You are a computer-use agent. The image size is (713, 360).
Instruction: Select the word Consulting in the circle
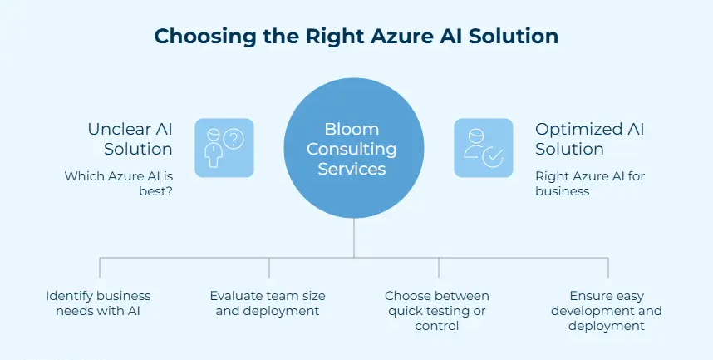coord(354,150)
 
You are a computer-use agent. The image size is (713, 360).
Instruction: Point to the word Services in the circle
coord(354,169)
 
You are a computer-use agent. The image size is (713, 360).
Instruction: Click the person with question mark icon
coord(224,147)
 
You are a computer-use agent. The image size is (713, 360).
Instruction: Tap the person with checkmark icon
coord(483,147)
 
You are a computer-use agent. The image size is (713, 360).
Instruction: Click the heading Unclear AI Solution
coord(130,139)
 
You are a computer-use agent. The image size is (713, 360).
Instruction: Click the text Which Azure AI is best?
coord(119,183)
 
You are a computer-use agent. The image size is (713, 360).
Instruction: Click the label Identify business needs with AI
coord(98,303)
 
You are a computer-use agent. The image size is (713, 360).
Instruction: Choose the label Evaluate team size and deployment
coord(268,303)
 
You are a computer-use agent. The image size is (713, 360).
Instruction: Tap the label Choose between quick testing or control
coord(437,311)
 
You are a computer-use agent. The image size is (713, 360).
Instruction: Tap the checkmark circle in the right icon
coord(493,157)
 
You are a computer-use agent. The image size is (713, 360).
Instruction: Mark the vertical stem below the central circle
coord(354,237)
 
